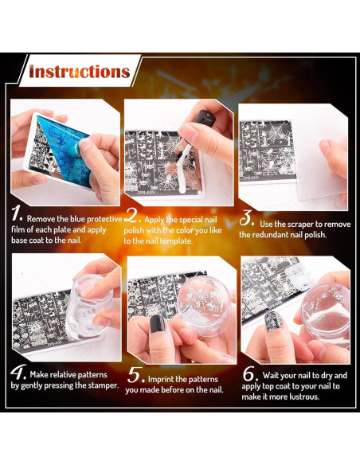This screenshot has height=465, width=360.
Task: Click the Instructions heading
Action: (x=80, y=72)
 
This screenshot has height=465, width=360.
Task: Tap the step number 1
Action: (x=17, y=214)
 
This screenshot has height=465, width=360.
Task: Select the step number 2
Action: (x=132, y=216)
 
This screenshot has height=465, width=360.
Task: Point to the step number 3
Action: (x=246, y=218)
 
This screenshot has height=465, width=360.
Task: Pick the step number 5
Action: (x=136, y=376)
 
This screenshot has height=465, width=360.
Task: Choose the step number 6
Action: (x=249, y=374)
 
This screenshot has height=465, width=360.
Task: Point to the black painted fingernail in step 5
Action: (x=157, y=324)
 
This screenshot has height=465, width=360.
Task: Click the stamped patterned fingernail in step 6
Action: (x=272, y=321)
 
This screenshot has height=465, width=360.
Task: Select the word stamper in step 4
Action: (x=103, y=386)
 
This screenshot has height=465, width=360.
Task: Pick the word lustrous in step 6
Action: (x=304, y=397)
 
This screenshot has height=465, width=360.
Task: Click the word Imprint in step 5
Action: (x=161, y=379)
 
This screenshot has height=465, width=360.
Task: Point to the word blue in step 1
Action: (x=78, y=219)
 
